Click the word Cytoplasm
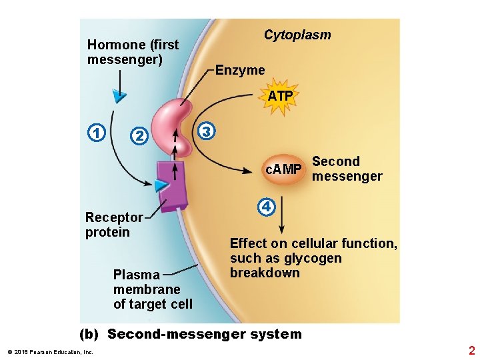coord(297,35)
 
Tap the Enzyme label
coord(240,70)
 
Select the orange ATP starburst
coord(281,96)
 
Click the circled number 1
coord(97,133)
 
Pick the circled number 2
coord(138,135)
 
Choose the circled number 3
coord(207,131)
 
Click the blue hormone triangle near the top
coord(119,96)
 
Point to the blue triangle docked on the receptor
coord(161,185)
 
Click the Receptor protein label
coord(113,225)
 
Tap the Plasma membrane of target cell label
coord(152,289)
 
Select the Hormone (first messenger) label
coord(133,52)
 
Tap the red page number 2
coord(471,351)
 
